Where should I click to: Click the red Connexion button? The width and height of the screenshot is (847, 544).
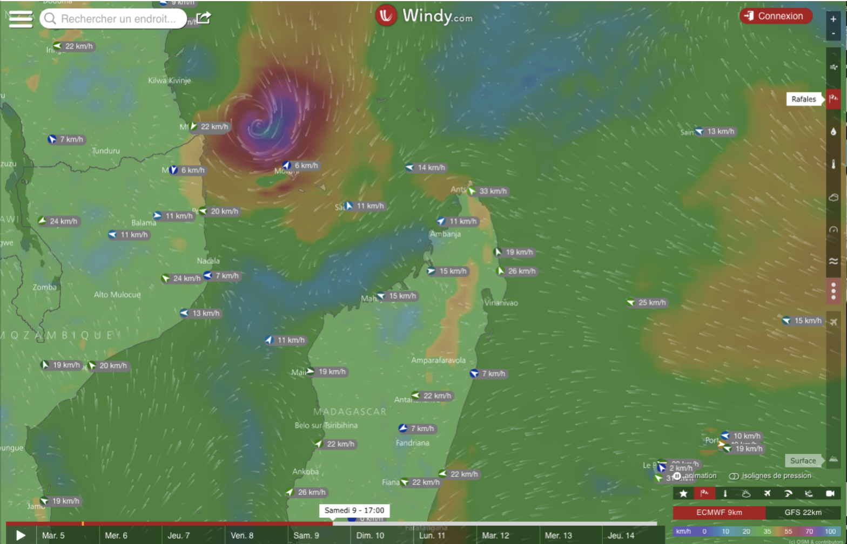pos(776,16)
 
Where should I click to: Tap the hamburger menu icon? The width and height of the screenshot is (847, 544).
pos(21,19)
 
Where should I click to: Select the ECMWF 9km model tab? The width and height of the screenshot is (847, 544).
pos(718,512)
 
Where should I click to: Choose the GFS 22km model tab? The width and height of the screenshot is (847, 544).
pos(803,512)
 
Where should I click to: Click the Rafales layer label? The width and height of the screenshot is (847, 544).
pos(803,99)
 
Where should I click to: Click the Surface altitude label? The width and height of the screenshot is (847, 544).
pos(803,460)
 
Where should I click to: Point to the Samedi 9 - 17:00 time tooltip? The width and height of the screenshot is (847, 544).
pos(354,510)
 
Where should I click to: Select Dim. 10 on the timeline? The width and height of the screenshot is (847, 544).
pos(370,535)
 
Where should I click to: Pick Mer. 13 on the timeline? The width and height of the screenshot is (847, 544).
pos(558,535)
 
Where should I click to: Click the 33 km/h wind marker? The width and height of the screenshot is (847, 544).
pos(492,191)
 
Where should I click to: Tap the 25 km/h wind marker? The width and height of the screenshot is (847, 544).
pos(651,302)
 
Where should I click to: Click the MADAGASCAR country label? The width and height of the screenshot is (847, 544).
pos(349,412)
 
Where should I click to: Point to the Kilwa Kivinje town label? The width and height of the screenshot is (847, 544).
pos(169,80)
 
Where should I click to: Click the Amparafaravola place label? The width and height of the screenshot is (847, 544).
pos(438,361)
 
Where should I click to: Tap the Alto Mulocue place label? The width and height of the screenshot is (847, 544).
pos(117,295)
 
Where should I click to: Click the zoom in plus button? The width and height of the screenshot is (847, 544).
pos(833,19)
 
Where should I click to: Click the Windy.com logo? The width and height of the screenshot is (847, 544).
pos(425,16)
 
